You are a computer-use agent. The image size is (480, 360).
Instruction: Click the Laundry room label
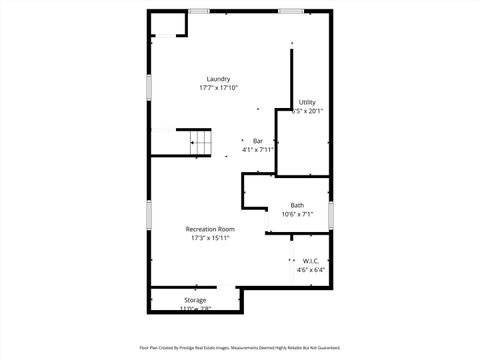click(x=219, y=80)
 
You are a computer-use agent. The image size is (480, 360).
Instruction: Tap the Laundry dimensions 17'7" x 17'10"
click(x=218, y=89)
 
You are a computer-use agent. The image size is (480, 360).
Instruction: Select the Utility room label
click(x=307, y=102)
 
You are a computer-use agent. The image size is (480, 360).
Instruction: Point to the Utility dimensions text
click(x=308, y=111)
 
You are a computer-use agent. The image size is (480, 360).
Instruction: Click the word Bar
click(x=257, y=141)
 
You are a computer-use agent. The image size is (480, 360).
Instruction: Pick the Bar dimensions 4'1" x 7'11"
click(x=257, y=150)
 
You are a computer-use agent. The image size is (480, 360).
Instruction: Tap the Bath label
click(x=298, y=205)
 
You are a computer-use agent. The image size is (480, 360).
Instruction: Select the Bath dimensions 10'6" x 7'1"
click(x=298, y=214)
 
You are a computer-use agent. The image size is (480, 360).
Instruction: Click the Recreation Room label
click(x=210, y=229)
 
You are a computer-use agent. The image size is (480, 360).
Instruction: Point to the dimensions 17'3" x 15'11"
click(x=210, y=238)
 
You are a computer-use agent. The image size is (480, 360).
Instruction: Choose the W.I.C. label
click(x=310, y=261)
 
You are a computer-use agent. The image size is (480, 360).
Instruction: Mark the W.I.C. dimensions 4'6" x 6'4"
click(x=310, y=270)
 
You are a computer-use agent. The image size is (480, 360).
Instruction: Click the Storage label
click(x=195, y=300)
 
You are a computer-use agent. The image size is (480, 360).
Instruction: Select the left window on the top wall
click(x=199, y=11)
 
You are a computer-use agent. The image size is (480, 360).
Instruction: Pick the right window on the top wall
click(x=291, y=11)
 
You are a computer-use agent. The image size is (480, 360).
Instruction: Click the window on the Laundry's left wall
click(x=149, y=87)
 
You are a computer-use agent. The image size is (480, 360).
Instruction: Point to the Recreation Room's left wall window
click(x=149, y=215)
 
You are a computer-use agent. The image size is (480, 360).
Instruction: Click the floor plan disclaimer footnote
click(x=240, y=348)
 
